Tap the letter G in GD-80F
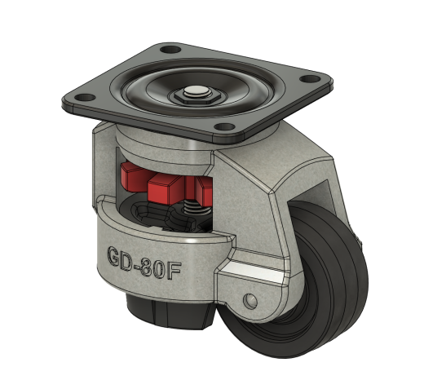pyautogui.click(x=115, y=257)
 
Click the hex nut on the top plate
pyautogui.click(x=194, y=96)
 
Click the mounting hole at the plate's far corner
pyautogui.click(x=170, y=50)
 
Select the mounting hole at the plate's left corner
pyautogui.click(x=85, y=97)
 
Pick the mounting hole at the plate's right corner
pyautogui.click(x=310, y=79)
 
